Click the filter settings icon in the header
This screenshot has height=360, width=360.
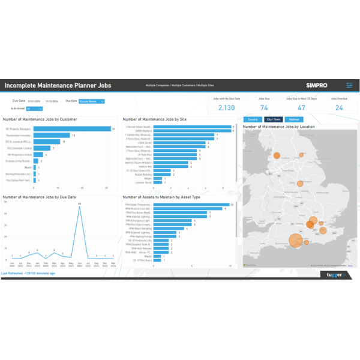tap(350, 86)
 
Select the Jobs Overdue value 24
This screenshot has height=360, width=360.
tap(340, 108)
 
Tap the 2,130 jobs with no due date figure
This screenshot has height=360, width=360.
tap(226, 108)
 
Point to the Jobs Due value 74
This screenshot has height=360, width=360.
tap(264, 108)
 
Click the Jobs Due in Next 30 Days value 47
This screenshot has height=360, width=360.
tap(301, 108)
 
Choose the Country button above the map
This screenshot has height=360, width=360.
tap(253, 119)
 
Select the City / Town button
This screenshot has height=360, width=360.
tap(274, 119)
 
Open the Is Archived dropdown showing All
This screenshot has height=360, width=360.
tap(34, 109)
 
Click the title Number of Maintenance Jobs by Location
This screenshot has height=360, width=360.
tap(278, 127)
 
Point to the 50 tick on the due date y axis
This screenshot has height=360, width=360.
tap(5, 202)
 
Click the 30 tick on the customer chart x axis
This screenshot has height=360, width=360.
tap(106, 188)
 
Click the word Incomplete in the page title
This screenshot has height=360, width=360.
tap(23, 86)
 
